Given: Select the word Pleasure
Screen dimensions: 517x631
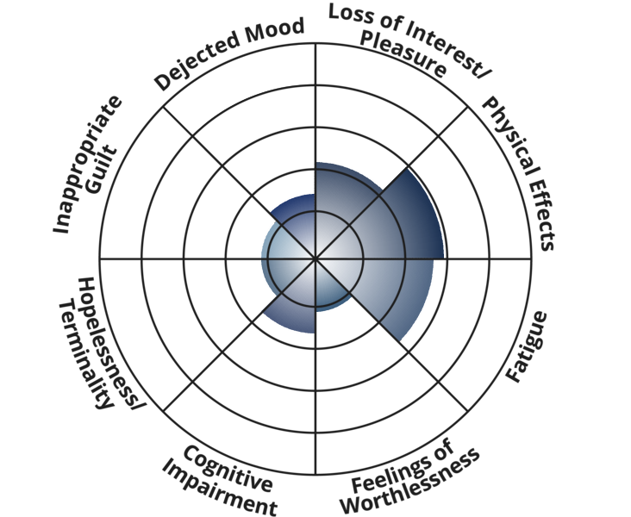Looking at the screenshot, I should [403, 53].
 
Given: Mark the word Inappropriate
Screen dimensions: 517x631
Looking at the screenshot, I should [86, 163].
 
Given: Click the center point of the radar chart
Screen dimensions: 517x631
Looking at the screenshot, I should [315, 258].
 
